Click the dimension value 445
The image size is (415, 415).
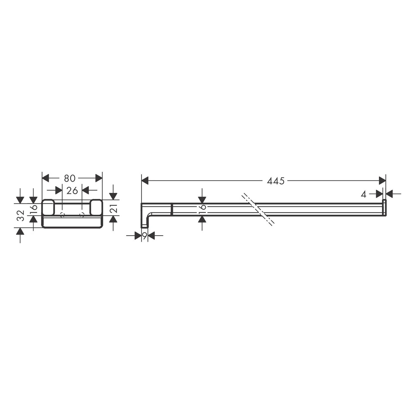pos(276,181)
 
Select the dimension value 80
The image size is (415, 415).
pos(69,178)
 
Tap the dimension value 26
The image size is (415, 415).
pos(72,190)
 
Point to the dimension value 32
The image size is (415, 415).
pos(20,216)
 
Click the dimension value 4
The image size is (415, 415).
pos(364,194)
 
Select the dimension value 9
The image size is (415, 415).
pos(144,236)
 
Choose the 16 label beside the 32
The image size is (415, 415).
pos(33,207)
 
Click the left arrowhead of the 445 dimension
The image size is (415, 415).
pos(145,181)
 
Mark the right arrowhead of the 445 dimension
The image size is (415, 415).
pos(382,181)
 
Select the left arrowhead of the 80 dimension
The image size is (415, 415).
pos(46,178)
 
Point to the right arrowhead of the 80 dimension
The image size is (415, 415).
pos(99,178)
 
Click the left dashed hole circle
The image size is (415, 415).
pos(62,215)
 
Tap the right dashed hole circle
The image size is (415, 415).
pos(82,215)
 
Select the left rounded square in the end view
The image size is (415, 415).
pos(48,207)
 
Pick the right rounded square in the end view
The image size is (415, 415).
pos(96,207)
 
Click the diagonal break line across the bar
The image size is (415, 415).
pos(258,209)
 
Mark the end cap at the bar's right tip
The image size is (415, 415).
pos(384,207)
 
